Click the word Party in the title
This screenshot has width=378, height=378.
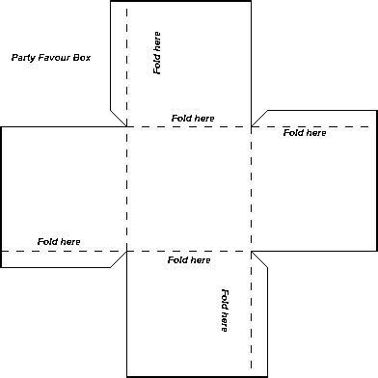[22, 58]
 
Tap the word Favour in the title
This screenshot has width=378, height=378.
[53, 58]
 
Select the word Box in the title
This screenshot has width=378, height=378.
[81, 58]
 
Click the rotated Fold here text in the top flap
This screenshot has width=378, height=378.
[157, 52]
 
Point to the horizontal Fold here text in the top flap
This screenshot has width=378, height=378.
[193, 118]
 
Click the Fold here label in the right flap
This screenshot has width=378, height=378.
[304, 133]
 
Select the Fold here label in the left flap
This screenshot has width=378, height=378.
[59, 241]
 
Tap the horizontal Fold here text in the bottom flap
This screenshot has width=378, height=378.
[189, 260]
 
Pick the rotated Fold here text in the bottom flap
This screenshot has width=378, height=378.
[224, 310]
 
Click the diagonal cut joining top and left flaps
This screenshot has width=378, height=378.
[118, 117]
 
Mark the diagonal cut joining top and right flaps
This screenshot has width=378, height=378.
[259, 118]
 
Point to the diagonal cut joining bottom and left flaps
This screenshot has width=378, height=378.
[118, 259]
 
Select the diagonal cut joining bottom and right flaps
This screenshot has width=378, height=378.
[260, 260]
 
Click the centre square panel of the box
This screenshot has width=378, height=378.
[189, 189]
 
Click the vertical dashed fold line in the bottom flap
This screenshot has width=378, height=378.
[252, 318]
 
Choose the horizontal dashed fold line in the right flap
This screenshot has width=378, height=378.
[318, 126]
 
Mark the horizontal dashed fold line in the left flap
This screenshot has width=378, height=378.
[58, 252]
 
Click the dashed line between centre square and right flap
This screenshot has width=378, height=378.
[252, 189]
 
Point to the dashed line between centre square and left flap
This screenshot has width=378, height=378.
[126, 189]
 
